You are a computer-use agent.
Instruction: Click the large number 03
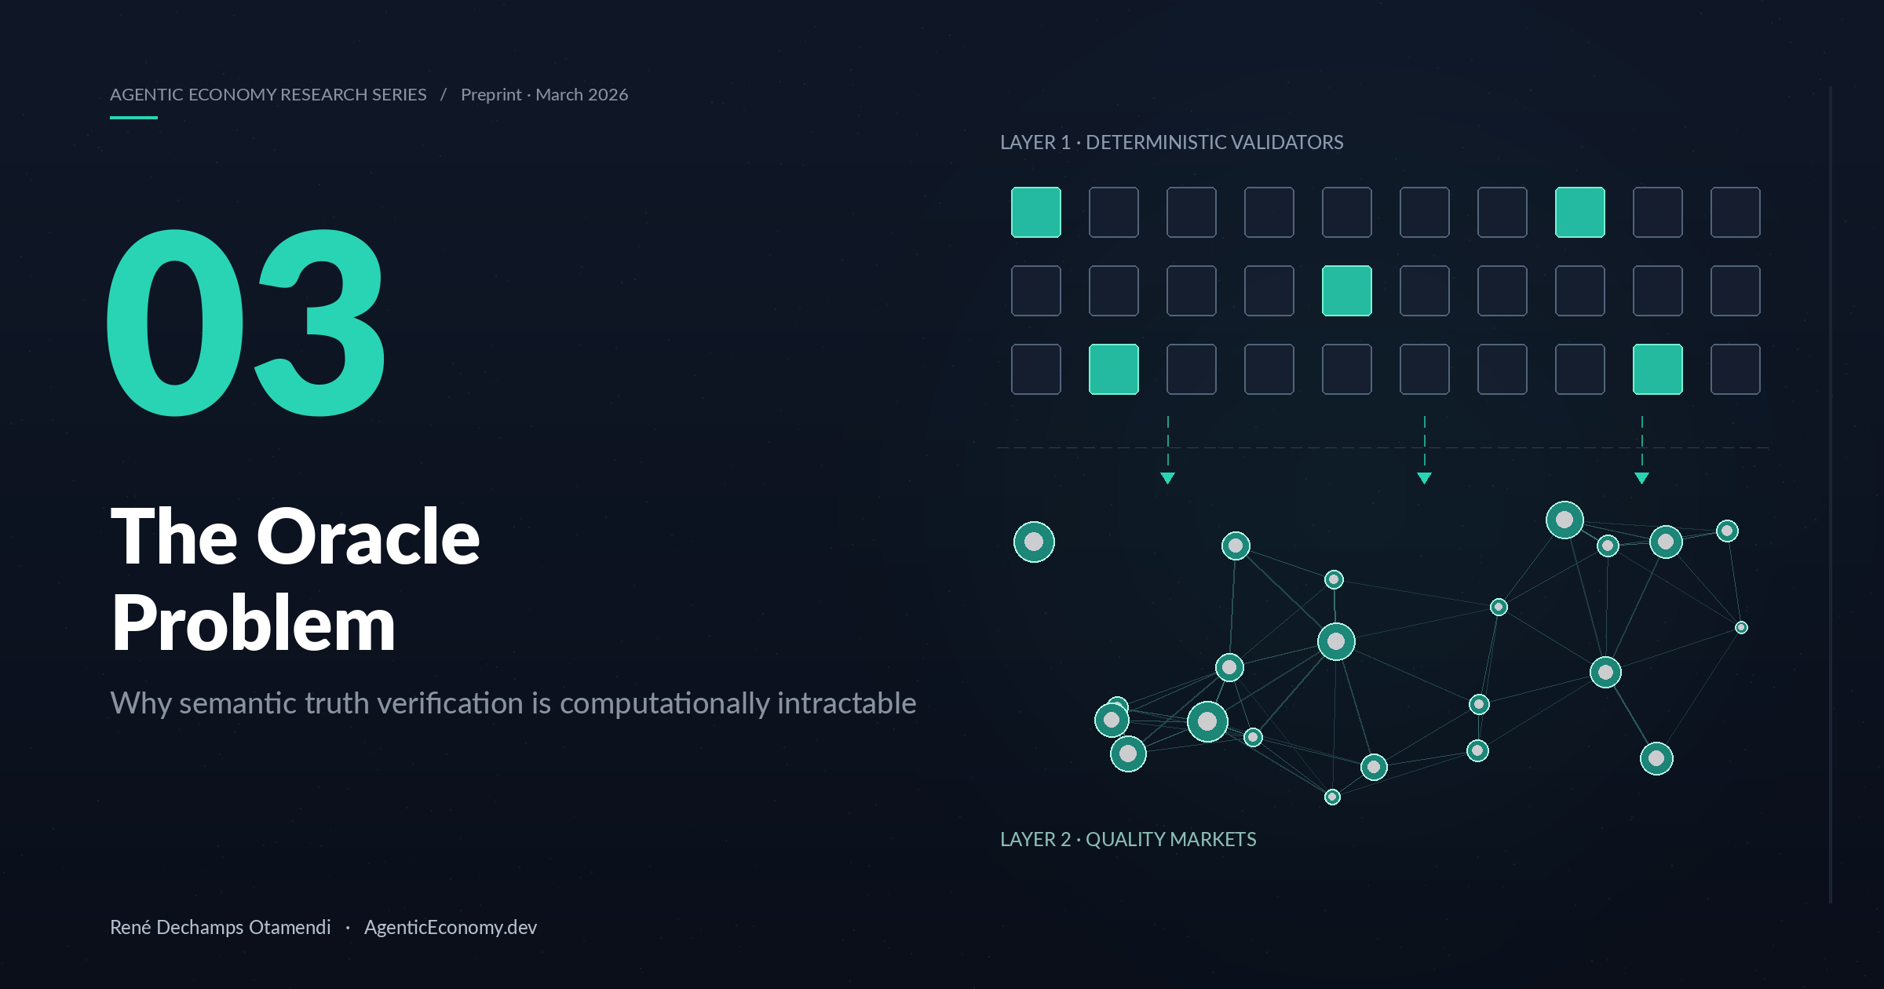click(246, 323)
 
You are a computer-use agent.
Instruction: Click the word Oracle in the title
click(368, 537)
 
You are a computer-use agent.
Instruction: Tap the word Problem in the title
click(254, 624)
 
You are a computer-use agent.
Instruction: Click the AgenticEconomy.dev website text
click(451, 928)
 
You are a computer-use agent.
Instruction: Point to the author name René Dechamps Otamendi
click(221, 927)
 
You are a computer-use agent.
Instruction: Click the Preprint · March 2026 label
click(545, 95)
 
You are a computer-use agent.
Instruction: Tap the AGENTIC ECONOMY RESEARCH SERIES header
click(268, 95)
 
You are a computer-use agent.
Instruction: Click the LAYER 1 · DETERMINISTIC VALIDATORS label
click(1172, 142)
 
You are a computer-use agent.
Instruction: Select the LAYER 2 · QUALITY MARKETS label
click(1128, 839)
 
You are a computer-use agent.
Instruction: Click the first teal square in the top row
click(1036, 212)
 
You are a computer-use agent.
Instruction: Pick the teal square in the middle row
click(1347, 290)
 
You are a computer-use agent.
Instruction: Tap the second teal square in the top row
click(1580, 212)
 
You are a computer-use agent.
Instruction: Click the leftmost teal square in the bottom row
click(1114, 369)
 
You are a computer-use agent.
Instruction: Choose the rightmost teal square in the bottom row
click(1658, 369)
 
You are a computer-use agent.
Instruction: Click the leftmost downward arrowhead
click(1168, 478)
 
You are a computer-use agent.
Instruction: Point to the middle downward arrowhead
click(1425, 478)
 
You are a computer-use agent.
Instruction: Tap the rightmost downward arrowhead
click(1642, 478)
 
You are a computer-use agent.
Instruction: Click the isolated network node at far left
click(1034, 542)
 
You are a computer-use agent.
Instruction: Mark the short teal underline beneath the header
click(133, 118)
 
